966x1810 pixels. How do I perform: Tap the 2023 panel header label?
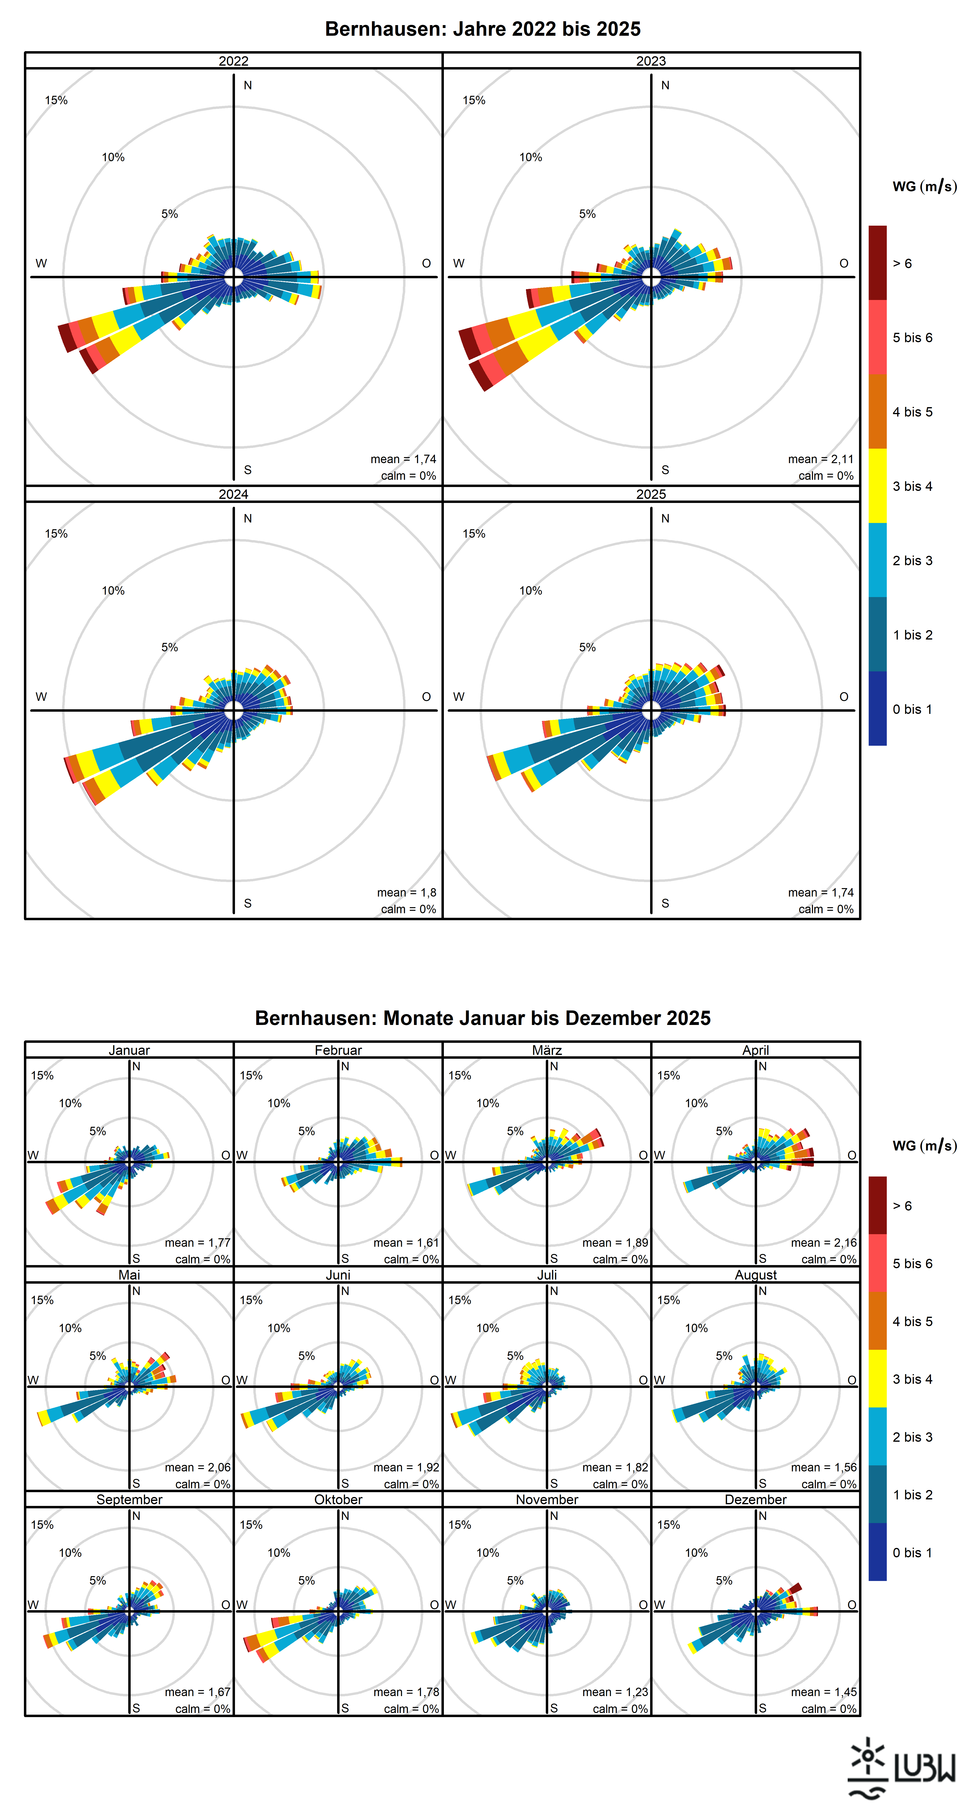click(651, 61)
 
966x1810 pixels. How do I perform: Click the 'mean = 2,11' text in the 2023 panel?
click(820, 459)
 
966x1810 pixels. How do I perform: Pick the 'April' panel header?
click(756, 1050)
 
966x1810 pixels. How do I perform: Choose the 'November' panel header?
click(547, 1499)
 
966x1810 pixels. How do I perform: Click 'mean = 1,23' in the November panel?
click(615, 1692)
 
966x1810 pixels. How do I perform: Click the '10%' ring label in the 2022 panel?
click(113, 157)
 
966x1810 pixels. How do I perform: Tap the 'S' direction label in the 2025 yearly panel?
click(665, 903)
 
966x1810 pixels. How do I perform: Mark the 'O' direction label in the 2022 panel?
click(426, 264)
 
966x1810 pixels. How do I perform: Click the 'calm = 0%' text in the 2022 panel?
click(408, 476)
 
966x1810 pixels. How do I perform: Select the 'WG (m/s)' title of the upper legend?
click(924, 186)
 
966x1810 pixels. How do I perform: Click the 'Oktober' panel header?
click(338, 1499)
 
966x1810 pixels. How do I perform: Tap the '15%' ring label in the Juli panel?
click(460, 1300)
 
